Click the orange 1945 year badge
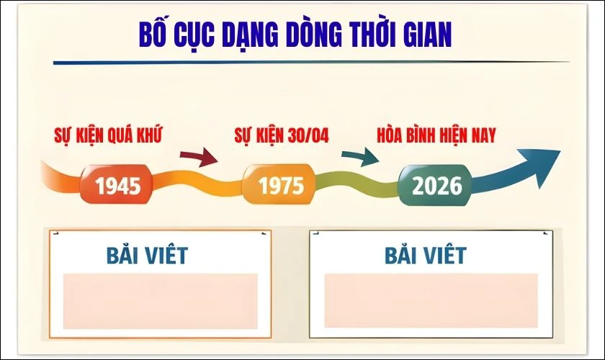[117, 186]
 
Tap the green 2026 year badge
[436, 185]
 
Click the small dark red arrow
[199, 156]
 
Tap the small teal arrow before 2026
[360, 156]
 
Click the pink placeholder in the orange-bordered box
[161, 300]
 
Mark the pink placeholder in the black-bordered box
[431, 300]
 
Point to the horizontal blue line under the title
[310, 62]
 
